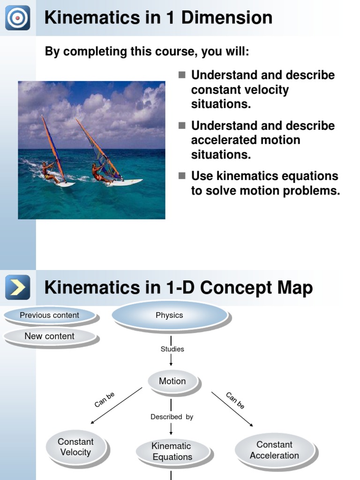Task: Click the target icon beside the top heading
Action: (18, 18)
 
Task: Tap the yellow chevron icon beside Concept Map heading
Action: (18, 287)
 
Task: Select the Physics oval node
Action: (170, 315)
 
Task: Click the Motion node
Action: (172, 381)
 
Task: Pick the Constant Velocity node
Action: (75, 447)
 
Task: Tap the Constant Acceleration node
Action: (274, 450)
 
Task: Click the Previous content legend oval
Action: (50, 315)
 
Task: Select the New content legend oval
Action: (50, 336)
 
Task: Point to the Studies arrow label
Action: (172, 349)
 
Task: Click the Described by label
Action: (172, 417)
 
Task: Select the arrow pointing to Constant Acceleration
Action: (232, 409)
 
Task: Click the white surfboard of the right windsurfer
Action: (124, 182)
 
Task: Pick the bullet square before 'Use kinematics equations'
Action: (182, 176)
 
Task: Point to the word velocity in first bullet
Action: (266, 90)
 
